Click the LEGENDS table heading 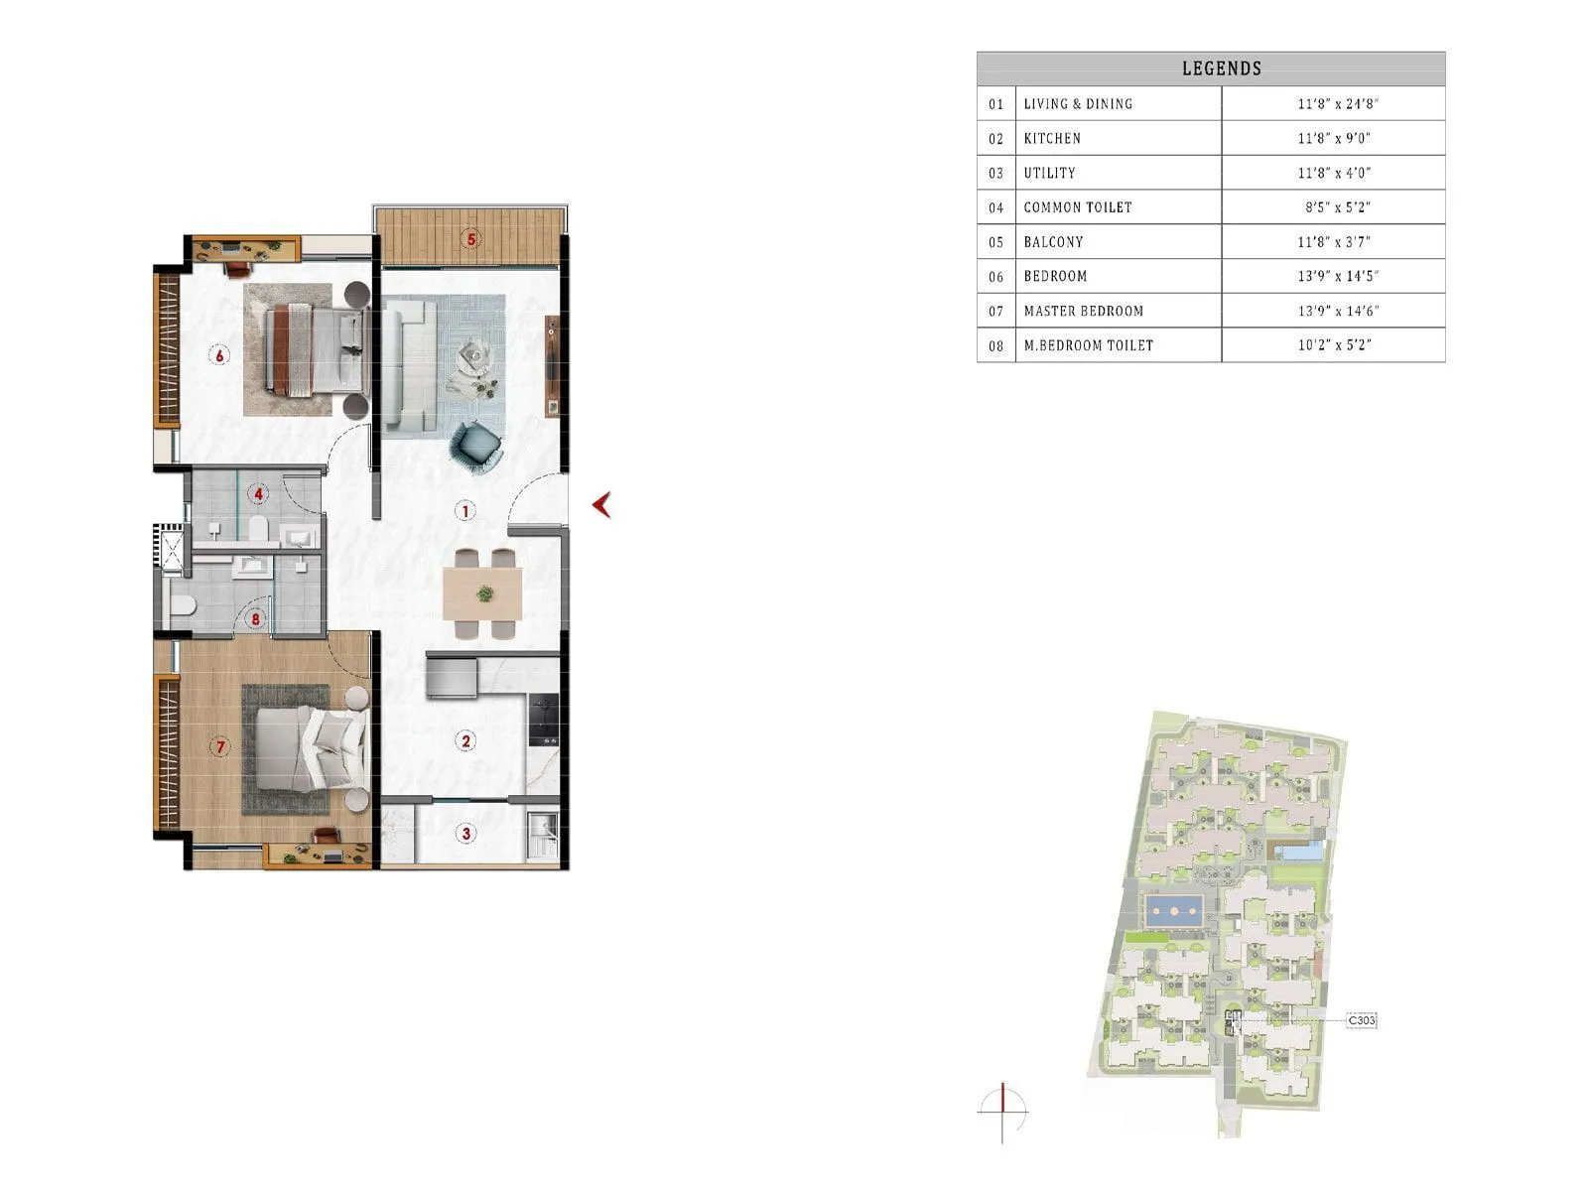coord(1221,68)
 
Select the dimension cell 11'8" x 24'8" coord(1337,103)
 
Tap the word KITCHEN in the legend coord(1052,138)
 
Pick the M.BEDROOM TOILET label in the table coord(1088,345)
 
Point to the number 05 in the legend coord(995,242)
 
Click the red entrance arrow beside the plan coord(601,505)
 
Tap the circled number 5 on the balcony coord(471,239)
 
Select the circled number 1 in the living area coord(464,511)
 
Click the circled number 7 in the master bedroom coord(220,746)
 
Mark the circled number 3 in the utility coord(466,833)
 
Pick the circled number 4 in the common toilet coord(258,493)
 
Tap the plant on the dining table coord(484,594)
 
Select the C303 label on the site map coord(1362,1020)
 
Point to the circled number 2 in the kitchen coord(464,740)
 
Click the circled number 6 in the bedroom coord(219,354)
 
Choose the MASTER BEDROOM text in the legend coord(1083,311)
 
